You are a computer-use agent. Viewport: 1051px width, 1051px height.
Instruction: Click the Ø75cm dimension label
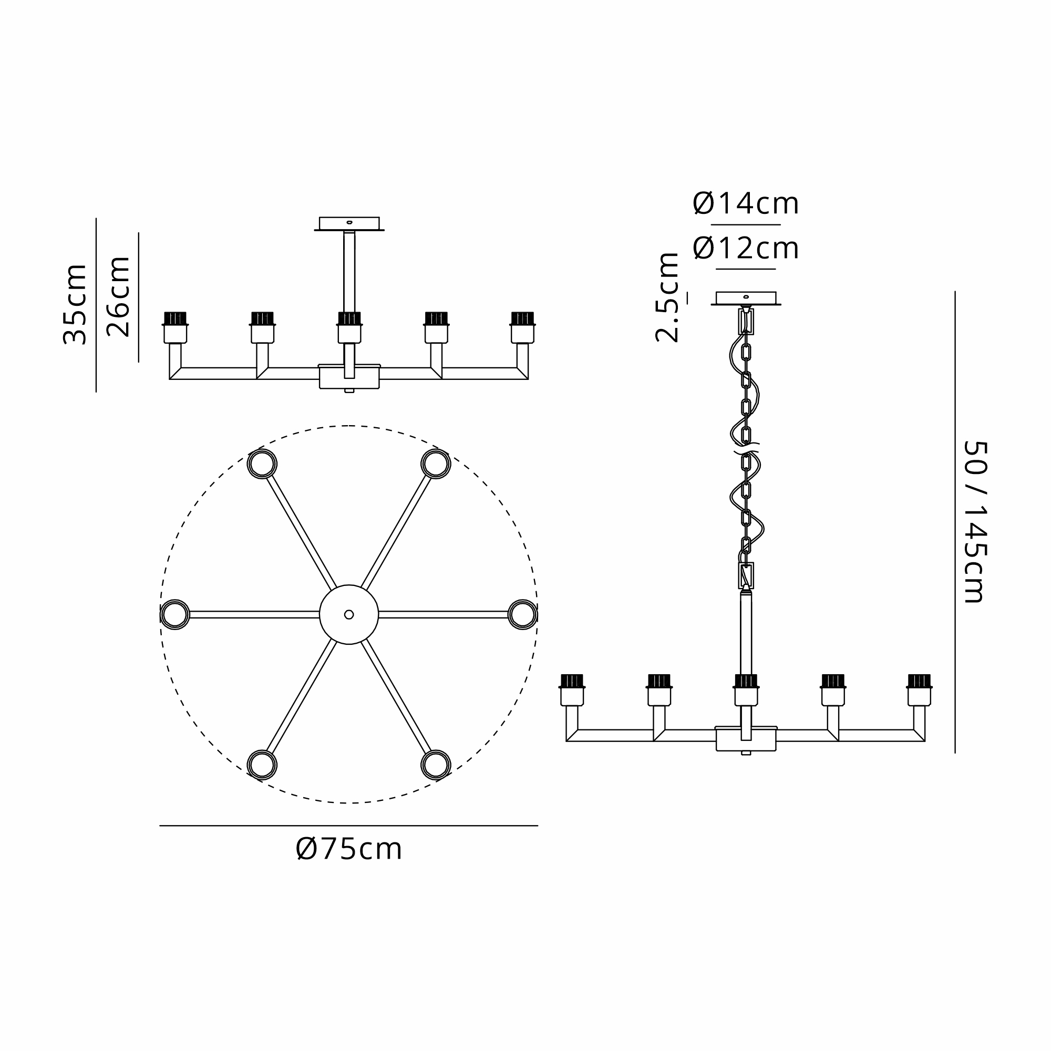349,849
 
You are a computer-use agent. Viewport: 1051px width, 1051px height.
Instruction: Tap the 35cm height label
75,305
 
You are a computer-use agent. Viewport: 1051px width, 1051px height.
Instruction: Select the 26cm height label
118,297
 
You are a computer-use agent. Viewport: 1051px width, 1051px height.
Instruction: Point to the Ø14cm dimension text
745,204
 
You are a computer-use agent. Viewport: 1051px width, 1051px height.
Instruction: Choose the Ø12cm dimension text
745,249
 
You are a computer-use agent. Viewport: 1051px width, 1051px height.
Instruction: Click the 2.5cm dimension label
667,297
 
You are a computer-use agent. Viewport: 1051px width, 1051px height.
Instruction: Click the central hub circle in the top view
349,614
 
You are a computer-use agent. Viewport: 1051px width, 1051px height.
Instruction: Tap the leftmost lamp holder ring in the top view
174,614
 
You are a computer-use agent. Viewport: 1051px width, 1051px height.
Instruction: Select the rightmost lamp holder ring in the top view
523,614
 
